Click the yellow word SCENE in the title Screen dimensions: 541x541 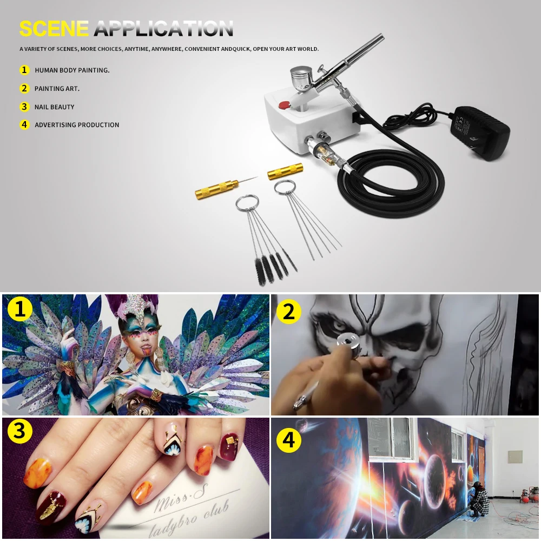click(54, 28)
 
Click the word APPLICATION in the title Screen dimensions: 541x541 click(163, 28)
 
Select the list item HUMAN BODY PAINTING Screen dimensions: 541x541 click(72, 70)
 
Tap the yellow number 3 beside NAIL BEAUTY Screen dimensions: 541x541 click(24, 107)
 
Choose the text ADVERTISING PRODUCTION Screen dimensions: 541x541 click(77, 125)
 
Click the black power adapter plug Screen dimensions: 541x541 click(483, 133)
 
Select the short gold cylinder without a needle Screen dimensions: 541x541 click(285, 171)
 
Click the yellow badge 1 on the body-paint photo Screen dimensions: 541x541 click(19, 308)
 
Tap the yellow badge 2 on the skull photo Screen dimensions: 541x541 click(289, 312)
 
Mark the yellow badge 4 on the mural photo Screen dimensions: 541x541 click(289, 440)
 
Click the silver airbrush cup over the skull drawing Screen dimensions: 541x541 click(347, 344)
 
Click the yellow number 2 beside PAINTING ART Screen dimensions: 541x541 click(24, 88)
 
